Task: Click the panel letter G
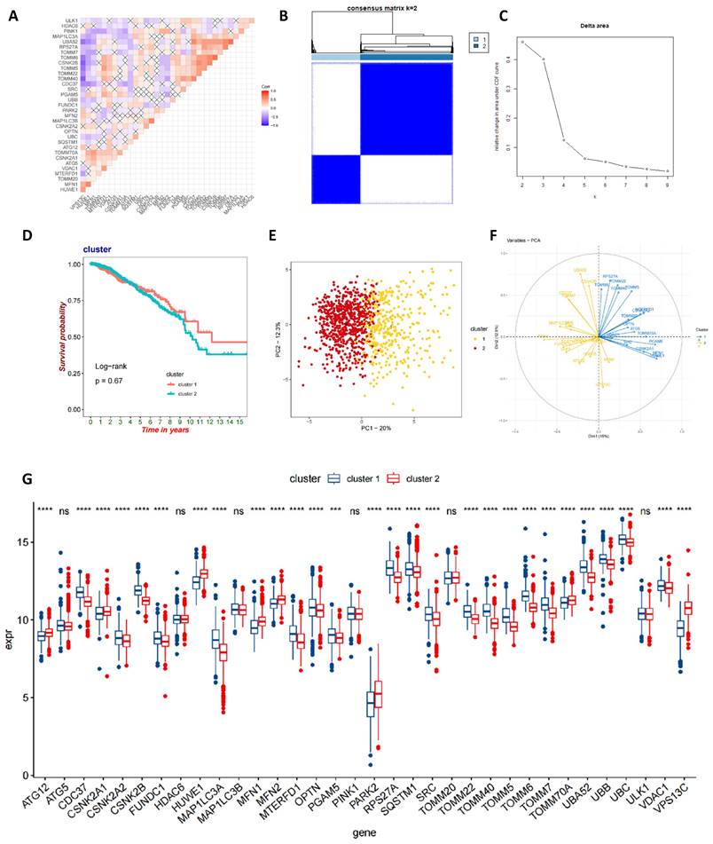[27, 479]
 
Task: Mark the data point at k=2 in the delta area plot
[522, 42]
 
